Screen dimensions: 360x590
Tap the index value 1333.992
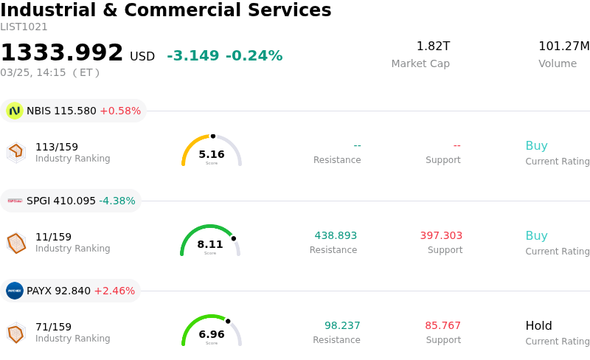pos(62,53)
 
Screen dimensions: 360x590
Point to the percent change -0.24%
pos(254,56)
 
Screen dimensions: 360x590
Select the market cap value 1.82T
pos(433,46)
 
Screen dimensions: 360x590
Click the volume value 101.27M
pos(563,46)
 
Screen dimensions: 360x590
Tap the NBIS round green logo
pos(15,111)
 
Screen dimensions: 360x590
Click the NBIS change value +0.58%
pos(120,111)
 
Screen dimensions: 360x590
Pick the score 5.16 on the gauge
pos(212,154)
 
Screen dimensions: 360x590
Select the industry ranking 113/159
pos(57,147)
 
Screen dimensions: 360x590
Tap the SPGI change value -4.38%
pos(117,201)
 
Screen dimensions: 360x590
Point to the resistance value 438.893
pos(336,236)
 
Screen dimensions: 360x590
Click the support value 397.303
pos(441,236)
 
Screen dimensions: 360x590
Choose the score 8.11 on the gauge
pos(210,244)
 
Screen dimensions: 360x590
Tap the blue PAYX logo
pos(15,291)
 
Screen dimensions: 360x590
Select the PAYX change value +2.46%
pos(114,291)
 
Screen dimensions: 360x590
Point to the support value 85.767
pos(442,326)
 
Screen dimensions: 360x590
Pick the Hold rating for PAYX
pos(538,326)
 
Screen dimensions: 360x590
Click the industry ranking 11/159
pos(53,237)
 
